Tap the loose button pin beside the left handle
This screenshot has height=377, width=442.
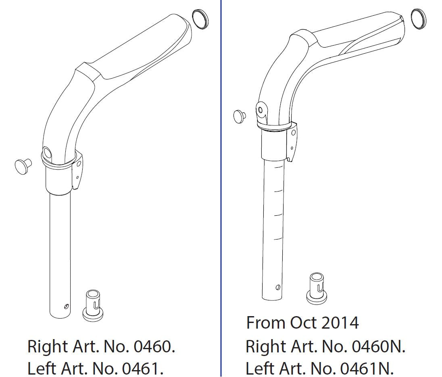23,167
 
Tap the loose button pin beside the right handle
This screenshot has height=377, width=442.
240,116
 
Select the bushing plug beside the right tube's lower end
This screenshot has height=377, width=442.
317,288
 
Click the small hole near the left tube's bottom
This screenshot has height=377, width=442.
66,306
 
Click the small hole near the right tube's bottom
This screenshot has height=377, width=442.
278,287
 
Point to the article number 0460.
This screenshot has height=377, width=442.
152,346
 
